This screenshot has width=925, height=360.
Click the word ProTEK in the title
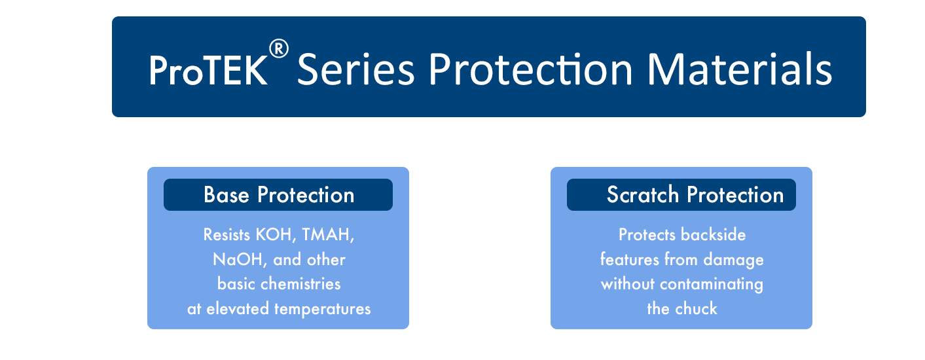tap(208, 70)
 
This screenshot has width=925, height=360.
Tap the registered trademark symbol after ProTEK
tap(279, 48)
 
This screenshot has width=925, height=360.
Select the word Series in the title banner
tap(355, 69)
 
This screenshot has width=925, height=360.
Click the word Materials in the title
tap(739, 69)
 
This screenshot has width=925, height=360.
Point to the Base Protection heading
tap(279, 194)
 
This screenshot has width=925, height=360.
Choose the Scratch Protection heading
tap(695, 194)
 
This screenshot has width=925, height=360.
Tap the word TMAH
tap(328, 234)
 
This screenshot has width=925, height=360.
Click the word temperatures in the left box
tap(323, 309)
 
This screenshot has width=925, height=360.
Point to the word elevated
tap(238, 308)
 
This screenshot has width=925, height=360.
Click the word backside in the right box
tap(714, 234)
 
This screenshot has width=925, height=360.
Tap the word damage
tap(733, 260)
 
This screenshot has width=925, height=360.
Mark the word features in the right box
tap(629, 260)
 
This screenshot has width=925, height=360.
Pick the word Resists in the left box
tap(227, 234)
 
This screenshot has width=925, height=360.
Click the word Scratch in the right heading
tap(643, 194)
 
